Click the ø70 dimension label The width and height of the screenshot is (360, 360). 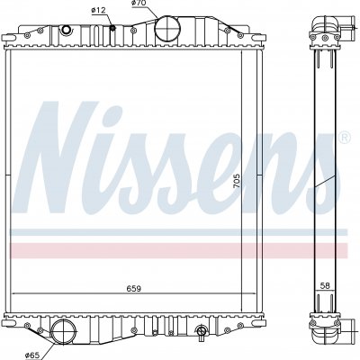point(139,4)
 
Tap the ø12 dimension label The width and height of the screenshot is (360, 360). point(98,10)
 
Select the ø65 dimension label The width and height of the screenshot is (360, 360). point(32,355)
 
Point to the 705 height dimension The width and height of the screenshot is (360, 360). point(237,181)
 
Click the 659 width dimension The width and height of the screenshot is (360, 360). point(133,289)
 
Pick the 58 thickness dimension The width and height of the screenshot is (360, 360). point(325,286)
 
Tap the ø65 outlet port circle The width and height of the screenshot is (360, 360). point(64,331)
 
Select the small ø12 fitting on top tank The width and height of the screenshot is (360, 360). point(112,28)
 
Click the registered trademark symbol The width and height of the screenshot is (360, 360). point(345,137)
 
